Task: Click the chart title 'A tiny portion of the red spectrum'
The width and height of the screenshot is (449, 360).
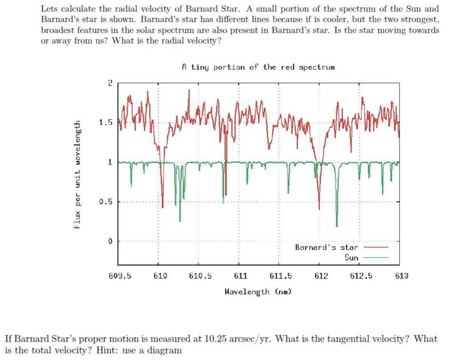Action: [x=258, y=67]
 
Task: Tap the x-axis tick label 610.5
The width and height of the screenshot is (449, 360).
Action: [x=200, y=276]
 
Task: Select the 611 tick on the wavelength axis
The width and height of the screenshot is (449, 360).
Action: [x=240, y=276]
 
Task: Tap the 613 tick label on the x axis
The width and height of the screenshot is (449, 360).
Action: [x=401, y=276]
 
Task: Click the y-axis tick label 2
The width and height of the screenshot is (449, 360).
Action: [x=110, y=83]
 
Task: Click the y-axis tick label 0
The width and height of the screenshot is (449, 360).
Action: [x=110, y=242]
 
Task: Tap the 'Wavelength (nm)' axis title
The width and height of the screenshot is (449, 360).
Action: [x=258, y=291]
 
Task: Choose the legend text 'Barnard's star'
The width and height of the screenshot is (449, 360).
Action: [x=326, y=247]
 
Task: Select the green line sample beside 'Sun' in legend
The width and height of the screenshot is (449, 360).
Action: [x=376, y=258]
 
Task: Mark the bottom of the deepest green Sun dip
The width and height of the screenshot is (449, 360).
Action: [x=337, y=226]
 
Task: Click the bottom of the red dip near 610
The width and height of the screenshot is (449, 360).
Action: [x=163, y=207]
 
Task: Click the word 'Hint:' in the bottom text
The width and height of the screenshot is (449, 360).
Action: [x=110, y=350]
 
